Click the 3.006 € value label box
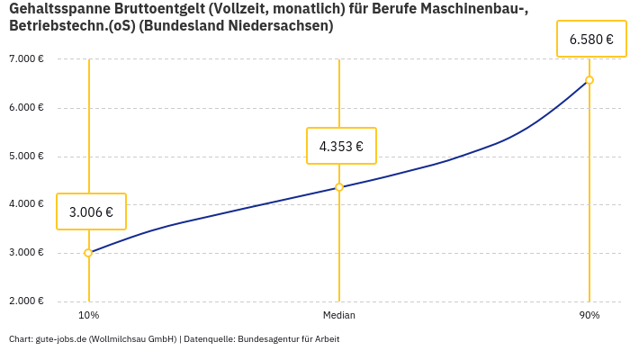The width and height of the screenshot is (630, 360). click(91, 211)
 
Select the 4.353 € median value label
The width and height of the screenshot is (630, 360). click(341, 146)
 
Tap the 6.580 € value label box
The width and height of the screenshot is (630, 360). click(591, 39)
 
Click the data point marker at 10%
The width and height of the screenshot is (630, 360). click(88, 253)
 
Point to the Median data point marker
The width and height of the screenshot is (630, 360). click(339, 187)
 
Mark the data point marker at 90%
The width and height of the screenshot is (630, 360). click(589, 80)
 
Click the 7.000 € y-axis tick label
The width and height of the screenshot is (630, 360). click(26, 59)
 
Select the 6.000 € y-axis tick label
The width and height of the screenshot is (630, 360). click(26, 108)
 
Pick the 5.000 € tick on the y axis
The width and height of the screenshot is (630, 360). click(26, 156)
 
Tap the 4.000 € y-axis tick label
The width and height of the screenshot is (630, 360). click(26, 204)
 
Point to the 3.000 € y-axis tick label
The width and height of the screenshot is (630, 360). click(26, 252)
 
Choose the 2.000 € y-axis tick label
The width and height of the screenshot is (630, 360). click(26, 301)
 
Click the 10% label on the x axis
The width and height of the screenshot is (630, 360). click(88, 316)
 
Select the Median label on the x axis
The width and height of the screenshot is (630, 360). click(339, 316)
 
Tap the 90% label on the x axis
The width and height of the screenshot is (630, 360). click(589, 316)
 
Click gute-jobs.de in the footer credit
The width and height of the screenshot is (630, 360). click(60, 339)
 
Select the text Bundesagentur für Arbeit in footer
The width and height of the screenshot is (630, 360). click(288, 339)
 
